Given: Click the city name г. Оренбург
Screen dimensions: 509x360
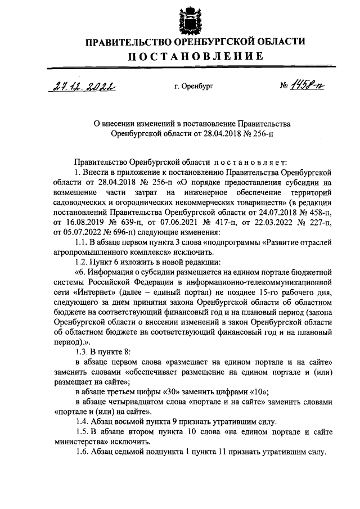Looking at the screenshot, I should [194, 86].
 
